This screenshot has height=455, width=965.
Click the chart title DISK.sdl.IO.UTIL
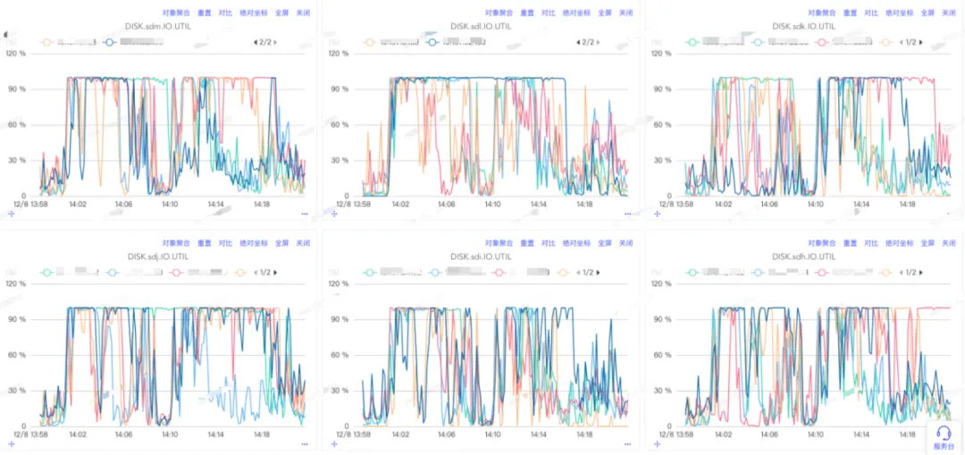coord(481,27)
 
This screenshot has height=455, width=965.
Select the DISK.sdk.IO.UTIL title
coord(804,27)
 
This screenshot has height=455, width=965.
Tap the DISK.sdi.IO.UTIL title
coord(481,256)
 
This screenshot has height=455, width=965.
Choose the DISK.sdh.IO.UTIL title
coord(804,256)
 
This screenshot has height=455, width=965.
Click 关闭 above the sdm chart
coord(304,13)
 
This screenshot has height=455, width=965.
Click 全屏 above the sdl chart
coord(605,13)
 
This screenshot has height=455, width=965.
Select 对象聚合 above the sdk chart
coord(821,13)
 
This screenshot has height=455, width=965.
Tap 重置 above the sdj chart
coord(204,243)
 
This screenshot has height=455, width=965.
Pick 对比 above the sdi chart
coord(549,243)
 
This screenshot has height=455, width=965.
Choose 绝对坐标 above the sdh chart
coord(899,243)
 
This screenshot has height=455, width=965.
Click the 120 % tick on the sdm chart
coord(15,54)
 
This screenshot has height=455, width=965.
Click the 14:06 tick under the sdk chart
coord(768,205)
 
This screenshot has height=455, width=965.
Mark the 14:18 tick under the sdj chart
coord(262,434)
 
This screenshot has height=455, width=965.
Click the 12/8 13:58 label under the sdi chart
coord(349,434)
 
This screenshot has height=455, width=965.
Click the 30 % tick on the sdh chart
coord(663,391)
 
